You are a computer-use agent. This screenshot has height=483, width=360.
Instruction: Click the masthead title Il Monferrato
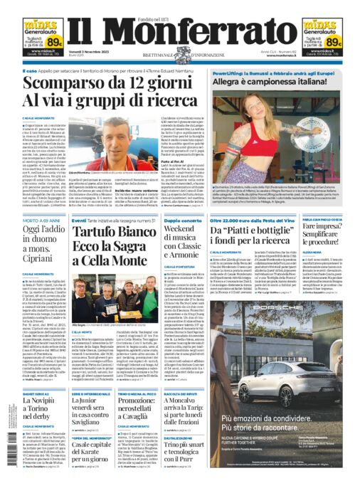coord(180,32)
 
